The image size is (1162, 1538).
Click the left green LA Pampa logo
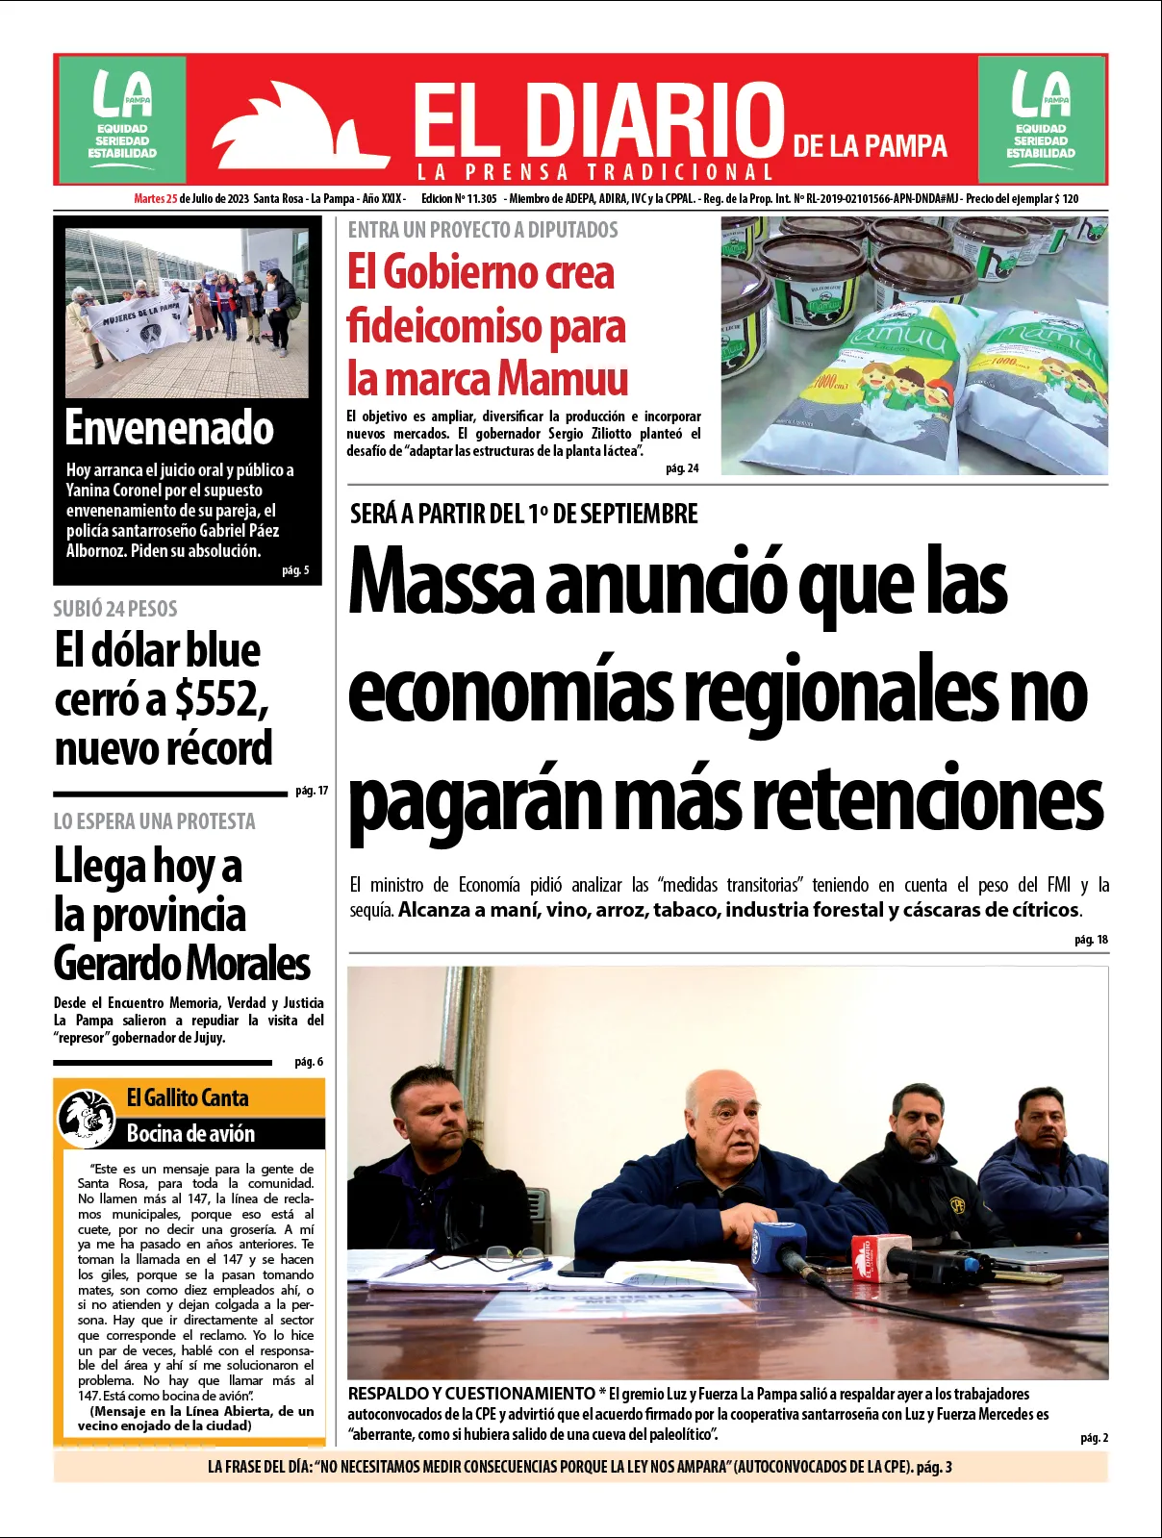coord(121,119)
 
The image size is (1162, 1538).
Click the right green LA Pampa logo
coord(1041,119)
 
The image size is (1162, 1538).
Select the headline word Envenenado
coord(169,428)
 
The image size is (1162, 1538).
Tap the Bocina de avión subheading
coord(190,1133)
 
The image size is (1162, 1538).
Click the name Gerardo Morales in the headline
coord(182,963)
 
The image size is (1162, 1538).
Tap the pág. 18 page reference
coord(1091,940)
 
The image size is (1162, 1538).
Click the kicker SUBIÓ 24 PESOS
coord(115,608)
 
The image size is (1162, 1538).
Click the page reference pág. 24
coord(682,468)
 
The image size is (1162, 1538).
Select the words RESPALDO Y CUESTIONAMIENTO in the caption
coord(471,1394)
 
